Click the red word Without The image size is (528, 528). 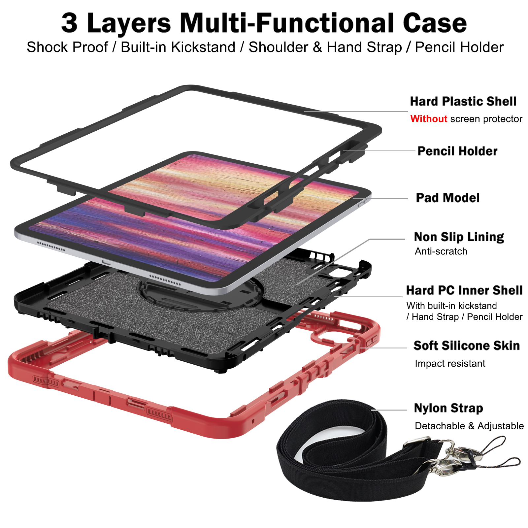(x=428, y=119)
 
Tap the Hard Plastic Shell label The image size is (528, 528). (x=463, y=101)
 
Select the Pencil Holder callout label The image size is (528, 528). (x=457, y=151)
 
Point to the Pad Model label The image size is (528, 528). (x=447, y=198)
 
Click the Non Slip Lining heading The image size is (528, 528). (x=459, y=237)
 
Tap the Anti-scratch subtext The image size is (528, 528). (x=441, y=251)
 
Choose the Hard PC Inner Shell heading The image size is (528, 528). (x=464, y=290)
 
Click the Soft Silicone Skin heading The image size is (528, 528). (x=466, y=346)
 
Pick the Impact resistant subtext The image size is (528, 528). (x=450, y=364)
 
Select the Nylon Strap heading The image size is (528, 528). (x=448, y=408)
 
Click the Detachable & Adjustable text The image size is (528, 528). (x=469, y=426)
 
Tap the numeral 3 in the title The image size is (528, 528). (x=69, y=23)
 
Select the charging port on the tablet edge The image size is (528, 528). (x=106, y=262)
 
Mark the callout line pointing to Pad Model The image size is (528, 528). (x=381, y=199)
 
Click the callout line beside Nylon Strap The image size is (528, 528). (x=389, y=410)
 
